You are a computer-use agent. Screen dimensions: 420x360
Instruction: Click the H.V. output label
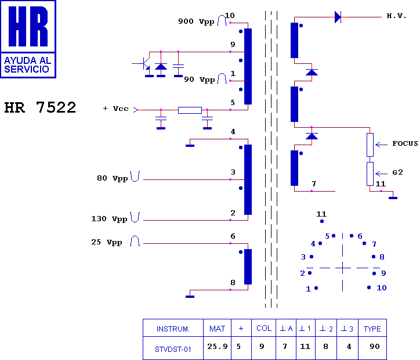pos(396,16)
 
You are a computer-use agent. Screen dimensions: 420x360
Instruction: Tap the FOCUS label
pos(405,143)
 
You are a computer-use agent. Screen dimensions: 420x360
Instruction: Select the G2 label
pos(397,172)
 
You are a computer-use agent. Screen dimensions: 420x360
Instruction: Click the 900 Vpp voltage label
pos(196,21)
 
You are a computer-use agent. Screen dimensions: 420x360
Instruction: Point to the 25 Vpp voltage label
pos(107,242)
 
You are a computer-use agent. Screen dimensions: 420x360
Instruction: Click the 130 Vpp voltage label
pos(109,219)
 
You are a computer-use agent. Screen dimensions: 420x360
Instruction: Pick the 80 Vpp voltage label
pos(112,178)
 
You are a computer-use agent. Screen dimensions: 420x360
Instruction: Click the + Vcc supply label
pos(115,109)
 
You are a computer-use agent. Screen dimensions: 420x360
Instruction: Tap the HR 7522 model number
pos(40,107)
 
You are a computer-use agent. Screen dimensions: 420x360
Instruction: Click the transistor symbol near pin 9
pos(145,64)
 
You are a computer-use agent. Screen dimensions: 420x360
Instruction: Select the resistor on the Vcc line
pos(190,110)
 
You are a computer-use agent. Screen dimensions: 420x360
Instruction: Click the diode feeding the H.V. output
pos(338,17)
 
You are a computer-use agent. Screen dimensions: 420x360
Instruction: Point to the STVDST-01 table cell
pos(173,350)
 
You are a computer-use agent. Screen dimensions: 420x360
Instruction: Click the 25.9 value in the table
pos(217,347)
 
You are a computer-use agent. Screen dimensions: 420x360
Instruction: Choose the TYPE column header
pos(372,329)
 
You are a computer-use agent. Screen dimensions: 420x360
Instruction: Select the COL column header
pos(264,329)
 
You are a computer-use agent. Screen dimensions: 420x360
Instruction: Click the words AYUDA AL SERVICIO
pos(28,65)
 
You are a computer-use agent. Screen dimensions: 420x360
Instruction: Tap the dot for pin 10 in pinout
pos(369,287)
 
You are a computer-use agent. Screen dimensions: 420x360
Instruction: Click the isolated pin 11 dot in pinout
pos(322,221)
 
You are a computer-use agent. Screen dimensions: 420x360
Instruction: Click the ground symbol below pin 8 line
pos(190,297)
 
